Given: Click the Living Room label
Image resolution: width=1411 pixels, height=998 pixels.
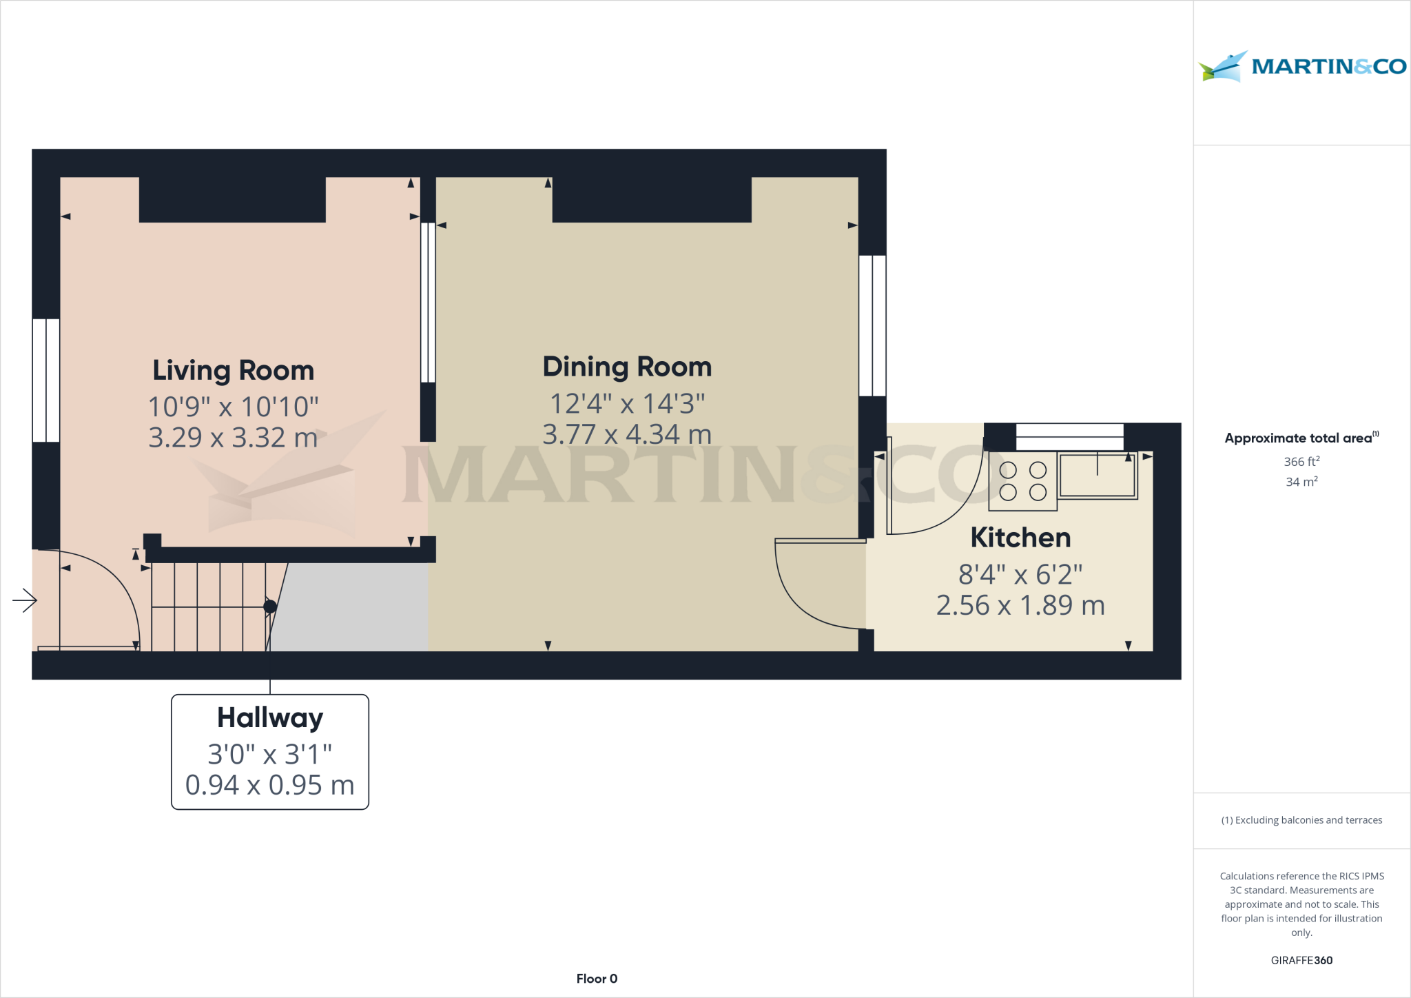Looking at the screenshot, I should (x=233, y=371).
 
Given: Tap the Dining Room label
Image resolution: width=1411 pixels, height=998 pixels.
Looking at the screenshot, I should (x=627, y=367).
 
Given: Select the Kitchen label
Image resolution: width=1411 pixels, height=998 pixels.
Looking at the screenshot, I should (x=1020, y=538).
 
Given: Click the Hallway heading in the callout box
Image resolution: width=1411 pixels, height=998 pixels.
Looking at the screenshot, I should (x=270, y=718).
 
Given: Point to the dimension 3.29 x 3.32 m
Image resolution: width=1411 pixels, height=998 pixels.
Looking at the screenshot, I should (x=233, y=438).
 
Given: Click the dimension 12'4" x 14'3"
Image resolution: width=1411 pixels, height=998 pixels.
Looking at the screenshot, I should (x=627, y=404).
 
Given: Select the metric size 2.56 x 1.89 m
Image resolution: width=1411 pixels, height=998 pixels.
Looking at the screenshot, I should (x=1020, y=605).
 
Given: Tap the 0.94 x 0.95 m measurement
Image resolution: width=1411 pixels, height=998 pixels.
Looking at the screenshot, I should (x=270, y=785).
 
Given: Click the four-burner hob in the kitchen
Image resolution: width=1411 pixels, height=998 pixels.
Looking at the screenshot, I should (x=1022, y=481).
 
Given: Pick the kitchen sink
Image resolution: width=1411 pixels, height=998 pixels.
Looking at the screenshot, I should (x=1097, y=476).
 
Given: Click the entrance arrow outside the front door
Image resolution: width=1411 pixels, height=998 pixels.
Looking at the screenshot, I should (x=25, y=600).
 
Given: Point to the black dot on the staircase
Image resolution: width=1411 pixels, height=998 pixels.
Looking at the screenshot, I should (x=270, y=607).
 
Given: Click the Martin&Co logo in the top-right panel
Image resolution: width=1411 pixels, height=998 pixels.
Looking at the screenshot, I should (x=1301, y=67).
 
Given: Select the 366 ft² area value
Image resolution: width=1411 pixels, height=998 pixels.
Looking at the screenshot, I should (x=1301, y=462).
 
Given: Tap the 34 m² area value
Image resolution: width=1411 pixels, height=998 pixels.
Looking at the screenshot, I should (x=1301, y=482).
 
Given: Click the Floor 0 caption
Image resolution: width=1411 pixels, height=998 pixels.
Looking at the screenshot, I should (x=597, y=979).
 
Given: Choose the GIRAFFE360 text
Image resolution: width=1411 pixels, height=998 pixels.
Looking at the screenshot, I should (x=1301, y=960).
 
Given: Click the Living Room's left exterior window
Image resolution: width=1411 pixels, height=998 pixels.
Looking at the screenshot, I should (x=46, y=380).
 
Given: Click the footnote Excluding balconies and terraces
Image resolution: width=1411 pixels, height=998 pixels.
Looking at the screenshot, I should (x=1301, y=820).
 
